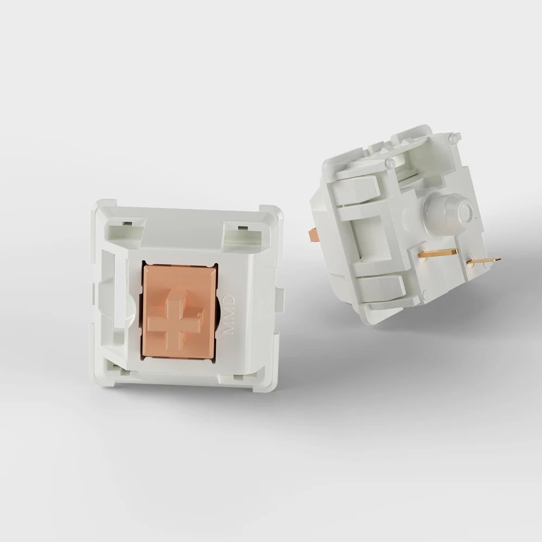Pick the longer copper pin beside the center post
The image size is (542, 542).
pyautogui.click(x=438, y=252)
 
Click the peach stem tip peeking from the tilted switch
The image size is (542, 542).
pyautogui.click(x=313, y=235)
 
